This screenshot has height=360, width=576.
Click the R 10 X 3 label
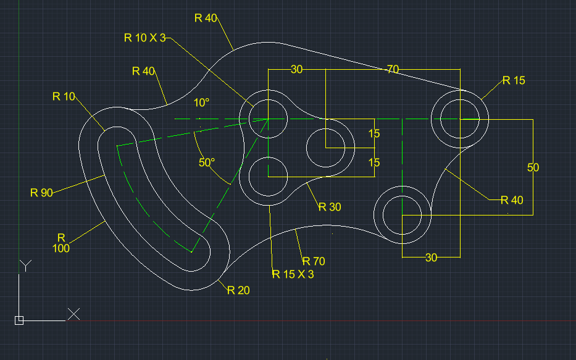click(x=145, y=38)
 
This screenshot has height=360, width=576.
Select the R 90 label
click(x=41, y=192)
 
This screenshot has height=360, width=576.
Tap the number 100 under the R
click(x=61, y=248)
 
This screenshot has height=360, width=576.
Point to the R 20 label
click(x=238, y=290)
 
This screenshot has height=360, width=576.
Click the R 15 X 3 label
click(x=293, y=274)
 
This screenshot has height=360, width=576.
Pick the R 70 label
click(x=313, y=261)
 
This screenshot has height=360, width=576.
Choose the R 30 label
click(x=330, y=207)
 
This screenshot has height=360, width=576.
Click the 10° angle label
click(x=201, y=103)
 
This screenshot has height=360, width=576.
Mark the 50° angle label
click(x=207, y=163)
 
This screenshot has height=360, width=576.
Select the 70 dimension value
click(x=393, y=69)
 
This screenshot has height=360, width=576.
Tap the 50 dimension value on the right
click(x=533, y=167)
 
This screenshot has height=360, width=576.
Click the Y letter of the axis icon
click(x=25, y=266)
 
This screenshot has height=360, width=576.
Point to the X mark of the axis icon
click(x=73, y=314)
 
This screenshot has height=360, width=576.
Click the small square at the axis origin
click(x=19, y=320)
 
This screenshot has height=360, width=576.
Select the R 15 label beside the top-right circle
click(x=514, y=80)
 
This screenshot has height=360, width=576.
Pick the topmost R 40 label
click(x=206, y=18)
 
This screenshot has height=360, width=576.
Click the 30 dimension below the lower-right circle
click(x=431, y=257)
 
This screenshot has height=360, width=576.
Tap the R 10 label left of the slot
click(x=64, y=96)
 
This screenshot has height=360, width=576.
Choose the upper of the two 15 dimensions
click(x=374, y=133)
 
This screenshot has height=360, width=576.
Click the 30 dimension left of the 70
click(x=296, y=69)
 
